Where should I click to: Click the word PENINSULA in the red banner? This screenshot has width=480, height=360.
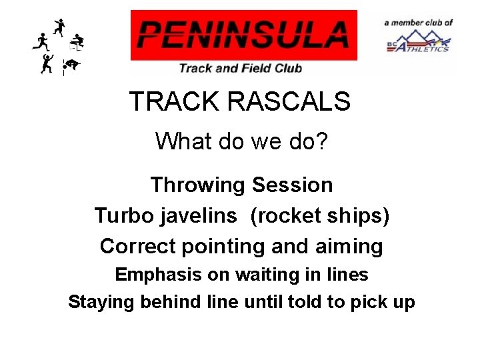(x=243, y=35)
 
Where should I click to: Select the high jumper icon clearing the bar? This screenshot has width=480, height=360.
(x=71, y=65)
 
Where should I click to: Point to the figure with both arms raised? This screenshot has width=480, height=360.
(x=47, y=64)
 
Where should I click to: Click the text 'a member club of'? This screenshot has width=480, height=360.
(x=419, y=23)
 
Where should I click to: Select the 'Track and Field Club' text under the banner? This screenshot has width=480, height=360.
(x=240, y=67)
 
